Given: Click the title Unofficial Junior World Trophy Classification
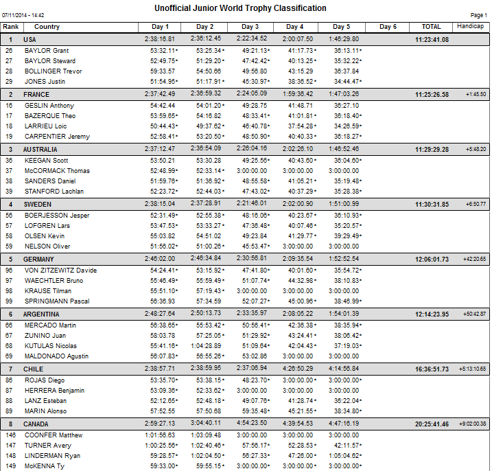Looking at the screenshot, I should [x=245, y=8].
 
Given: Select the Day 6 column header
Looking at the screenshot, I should [x=388, y=27].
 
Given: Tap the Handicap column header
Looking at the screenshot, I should [x=470, y=26].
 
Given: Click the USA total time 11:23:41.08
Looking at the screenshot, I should [x=432, y=40].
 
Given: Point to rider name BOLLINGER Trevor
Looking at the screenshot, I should [x=53, y=71].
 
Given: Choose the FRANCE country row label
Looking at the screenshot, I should [x=36, y=95].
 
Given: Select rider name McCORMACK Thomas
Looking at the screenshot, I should [x=57, y=170].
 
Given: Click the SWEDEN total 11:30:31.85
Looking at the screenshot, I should [x=432, y=205].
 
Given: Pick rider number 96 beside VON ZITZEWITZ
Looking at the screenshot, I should [x=10, y=270].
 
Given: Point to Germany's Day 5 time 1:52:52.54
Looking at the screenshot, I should [x=344, y=259].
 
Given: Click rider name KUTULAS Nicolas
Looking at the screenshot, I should [x=51, y=345].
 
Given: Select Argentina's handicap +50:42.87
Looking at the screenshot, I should [x=474, y=314].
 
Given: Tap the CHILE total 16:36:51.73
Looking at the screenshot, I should [x=432, y=369].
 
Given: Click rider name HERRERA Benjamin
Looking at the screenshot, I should [x=54, y=390].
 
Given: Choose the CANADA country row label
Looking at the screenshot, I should [x=37, y=424].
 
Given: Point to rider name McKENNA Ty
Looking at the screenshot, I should [x=45, y=466].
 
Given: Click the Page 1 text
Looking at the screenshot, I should [x=478, y=14].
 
